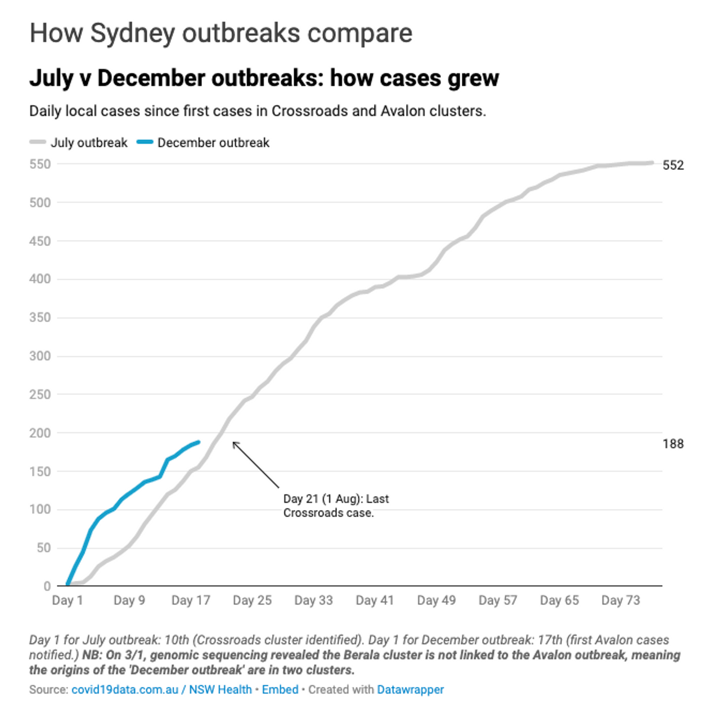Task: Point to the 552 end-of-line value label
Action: (673, 165)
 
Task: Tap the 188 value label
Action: (673, 444)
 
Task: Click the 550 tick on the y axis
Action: (40, 164)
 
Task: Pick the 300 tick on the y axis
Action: (40, 356)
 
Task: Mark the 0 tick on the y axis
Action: (47, 586)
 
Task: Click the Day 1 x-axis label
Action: (67, 600)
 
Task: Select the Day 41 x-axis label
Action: (375, 600)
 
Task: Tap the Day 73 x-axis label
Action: (620, 600)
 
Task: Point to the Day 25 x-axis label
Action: (252, 600)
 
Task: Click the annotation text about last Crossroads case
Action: (336, 506)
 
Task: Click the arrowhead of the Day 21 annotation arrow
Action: (234, 443)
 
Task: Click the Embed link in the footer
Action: (280, 690)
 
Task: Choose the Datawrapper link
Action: (410, 690)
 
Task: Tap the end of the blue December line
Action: (199, 442)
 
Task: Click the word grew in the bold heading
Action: (473, 78)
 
